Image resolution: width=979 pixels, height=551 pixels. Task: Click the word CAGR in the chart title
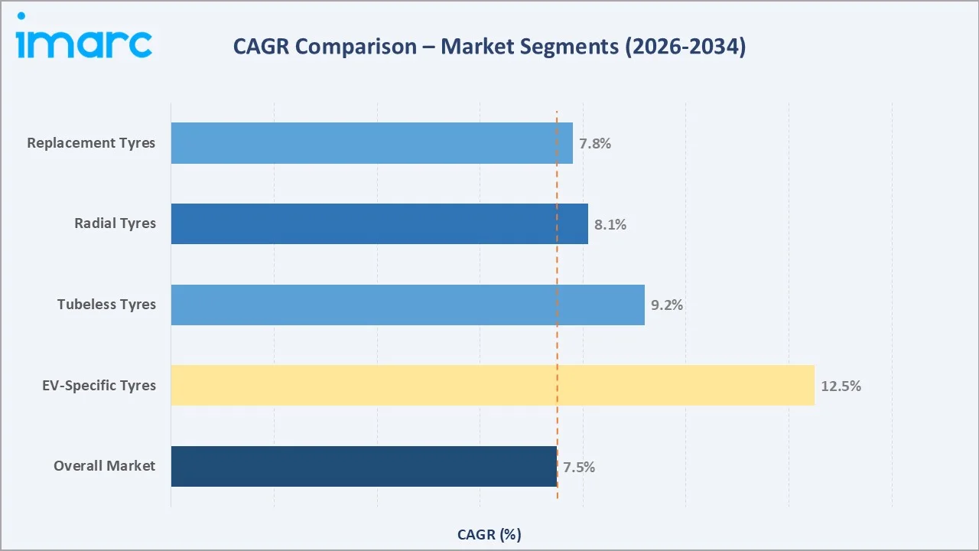[261, 47]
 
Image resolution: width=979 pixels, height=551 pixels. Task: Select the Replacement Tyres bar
[372, 143]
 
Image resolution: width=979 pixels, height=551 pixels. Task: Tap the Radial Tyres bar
[379, 223]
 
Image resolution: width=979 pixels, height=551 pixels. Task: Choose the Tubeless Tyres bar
[408, 305]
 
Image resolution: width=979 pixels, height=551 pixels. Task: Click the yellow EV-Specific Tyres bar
[493, 385]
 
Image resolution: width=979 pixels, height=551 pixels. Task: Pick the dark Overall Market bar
[364, 466]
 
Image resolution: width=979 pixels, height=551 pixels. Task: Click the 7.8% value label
[594, 144]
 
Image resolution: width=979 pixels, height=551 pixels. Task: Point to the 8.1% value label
[610, 225]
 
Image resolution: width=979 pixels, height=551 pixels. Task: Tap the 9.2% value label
[666, 305]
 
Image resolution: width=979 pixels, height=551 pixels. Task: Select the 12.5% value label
[841, 386]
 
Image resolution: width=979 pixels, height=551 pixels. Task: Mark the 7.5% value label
[578, 467]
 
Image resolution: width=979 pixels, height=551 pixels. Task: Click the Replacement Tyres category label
[91, 143]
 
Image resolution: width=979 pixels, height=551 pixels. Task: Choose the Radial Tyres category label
[115, 223]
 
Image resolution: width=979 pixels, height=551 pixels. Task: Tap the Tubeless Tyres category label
[106, 305]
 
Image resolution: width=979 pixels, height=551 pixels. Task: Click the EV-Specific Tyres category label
[99, 385]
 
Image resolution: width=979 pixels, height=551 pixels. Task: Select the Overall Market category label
[104, 466]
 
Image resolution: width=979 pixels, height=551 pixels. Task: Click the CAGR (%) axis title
[489, 534]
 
